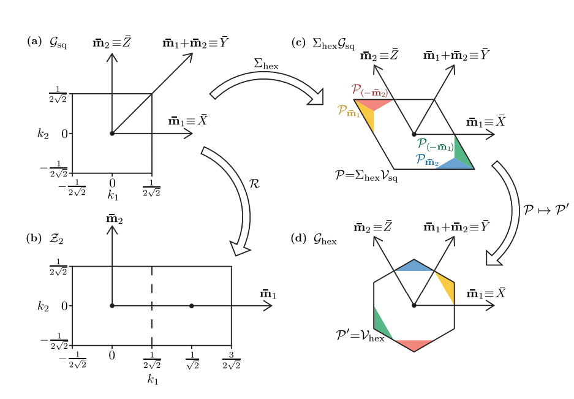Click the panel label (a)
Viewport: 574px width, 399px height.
(x=34, y=42)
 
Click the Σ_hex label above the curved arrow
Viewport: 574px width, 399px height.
(x=266, y=63)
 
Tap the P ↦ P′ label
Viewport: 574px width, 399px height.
(x=546, y=210)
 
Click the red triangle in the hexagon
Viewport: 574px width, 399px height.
(x=414, y=344)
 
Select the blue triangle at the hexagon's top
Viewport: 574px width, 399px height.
(x=414, y=265)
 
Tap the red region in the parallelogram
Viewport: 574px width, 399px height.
(x=373, y=104)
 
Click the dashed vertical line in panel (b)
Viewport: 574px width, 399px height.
(x=152, y=306)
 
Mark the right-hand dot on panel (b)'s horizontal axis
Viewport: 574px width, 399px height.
(x=192, y=306)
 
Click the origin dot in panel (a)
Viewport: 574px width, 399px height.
(x=112, y=133)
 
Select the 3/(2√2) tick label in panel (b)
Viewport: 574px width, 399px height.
(x=231, y=360)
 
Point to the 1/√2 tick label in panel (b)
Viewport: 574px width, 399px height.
(x=192, y=360)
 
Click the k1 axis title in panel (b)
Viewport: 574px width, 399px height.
(x=153, y=380)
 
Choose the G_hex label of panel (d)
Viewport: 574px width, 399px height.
(x=325, y=240)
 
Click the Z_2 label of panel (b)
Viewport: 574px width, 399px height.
(x=56, y=239)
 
